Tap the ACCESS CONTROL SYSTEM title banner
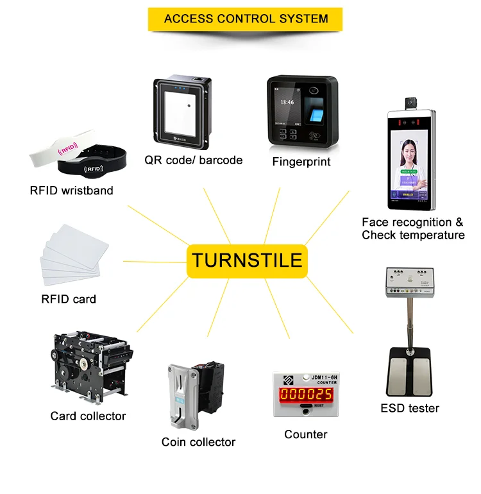[245, 19]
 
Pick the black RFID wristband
[96, 166]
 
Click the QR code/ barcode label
[194, 160]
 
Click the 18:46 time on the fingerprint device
[287, 103]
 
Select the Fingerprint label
[301, 162]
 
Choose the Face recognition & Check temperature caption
[412, 229]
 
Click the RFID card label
[69, 299]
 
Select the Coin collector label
[198, 442]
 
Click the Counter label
[306, 435]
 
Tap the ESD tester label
[410, 408]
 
